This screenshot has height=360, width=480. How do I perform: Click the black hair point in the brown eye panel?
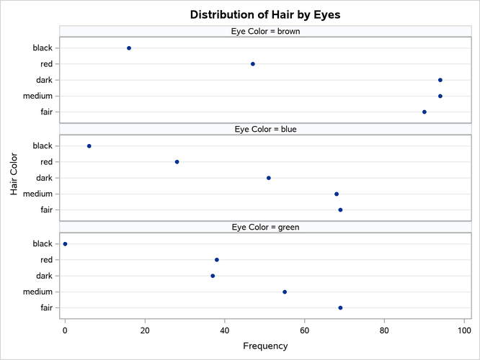tap(129, 48)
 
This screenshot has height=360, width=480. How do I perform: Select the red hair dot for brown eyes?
tap(253, 64)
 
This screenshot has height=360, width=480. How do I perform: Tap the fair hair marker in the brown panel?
tap(425, 112)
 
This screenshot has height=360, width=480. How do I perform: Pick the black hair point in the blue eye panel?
tap(89, 146)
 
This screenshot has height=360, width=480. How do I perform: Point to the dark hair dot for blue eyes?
tap(269, 178)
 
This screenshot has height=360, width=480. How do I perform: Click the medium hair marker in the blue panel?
tap(337, 194)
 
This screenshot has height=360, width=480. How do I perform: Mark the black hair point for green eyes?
tap(66, 244)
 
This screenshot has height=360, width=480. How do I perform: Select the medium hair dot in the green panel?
tap(285, 292)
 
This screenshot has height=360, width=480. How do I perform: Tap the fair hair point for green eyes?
tap(340, 307)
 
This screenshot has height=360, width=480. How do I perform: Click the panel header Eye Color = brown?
tap(265, 31)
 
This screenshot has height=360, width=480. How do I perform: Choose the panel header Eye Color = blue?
tap(265, 130)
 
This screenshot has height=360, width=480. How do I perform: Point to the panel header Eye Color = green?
tap(265, 228)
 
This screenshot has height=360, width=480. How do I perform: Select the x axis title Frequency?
tap(265, 346)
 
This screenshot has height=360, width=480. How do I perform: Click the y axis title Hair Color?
tap(14, 177)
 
